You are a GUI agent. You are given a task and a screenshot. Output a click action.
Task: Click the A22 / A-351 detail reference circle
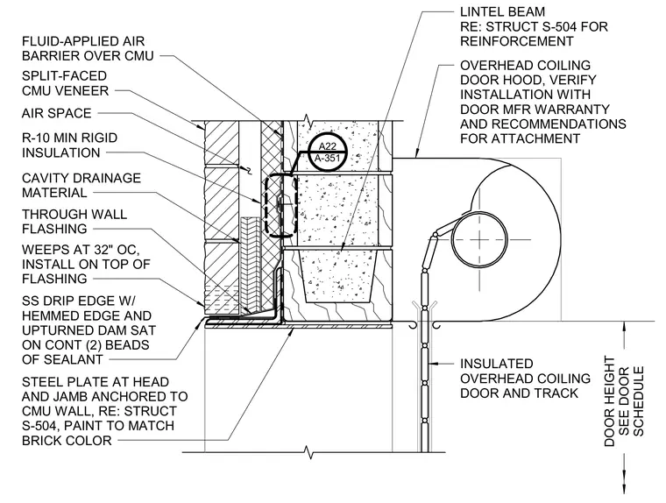pyautogui.click(x=327, y=153)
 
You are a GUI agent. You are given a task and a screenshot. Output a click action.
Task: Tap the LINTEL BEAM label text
pyautogui.click(x=502, y=12)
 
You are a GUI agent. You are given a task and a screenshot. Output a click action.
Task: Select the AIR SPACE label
pyautogui.click(x=56, y=113)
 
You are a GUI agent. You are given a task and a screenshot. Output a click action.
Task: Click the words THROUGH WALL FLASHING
pyautogui.click(x=74, y=222)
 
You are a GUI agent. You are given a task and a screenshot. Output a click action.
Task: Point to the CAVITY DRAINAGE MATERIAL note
pyautogui.click(x=81, y=185)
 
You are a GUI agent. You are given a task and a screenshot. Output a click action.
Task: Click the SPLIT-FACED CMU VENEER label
pyautogui.click(x=65, y=83)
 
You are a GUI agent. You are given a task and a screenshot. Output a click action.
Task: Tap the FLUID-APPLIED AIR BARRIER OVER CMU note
pyautogui.click(x=88, y=48)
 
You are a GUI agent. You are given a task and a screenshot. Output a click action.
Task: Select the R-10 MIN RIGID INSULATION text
pyautogui.click(x=69, y=145)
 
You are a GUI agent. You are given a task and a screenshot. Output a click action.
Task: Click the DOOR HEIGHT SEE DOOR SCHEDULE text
pyautogui.click(x=624, y=401)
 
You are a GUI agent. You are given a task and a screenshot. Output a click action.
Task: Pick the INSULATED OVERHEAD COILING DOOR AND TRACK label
pyautogui.click(x=526, y=379)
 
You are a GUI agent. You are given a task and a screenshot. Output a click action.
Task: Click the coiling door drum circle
pyautogui.click(x=479, y=239)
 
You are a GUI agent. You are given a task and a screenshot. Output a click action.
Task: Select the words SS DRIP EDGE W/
pyautogui.click(x=79, y=301)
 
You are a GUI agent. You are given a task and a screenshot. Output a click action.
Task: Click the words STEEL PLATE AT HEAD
pyautogui.click(x=96, y=382)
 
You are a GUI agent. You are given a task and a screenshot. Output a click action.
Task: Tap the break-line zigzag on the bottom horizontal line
pyautogui.click(x=309, y=452)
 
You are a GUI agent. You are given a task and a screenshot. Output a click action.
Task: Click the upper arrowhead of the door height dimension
pyautogui.click(x=624, y=327)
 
